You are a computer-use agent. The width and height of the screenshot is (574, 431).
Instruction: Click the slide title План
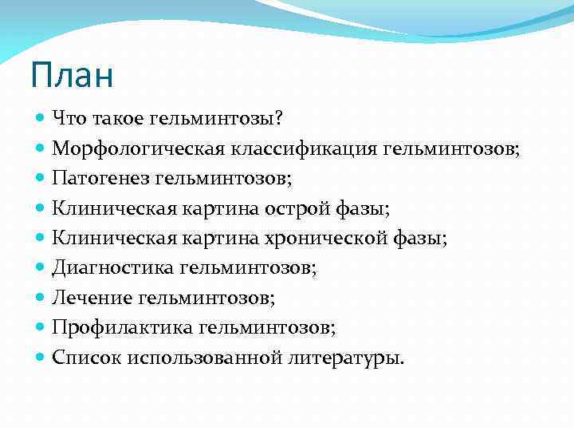coord(73,76)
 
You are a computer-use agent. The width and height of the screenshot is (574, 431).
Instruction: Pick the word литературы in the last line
coord(344,358)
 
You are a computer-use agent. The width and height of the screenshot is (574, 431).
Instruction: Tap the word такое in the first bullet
coord(120,119)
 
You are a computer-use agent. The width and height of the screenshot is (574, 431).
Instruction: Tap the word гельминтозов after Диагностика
coord(248,268)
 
